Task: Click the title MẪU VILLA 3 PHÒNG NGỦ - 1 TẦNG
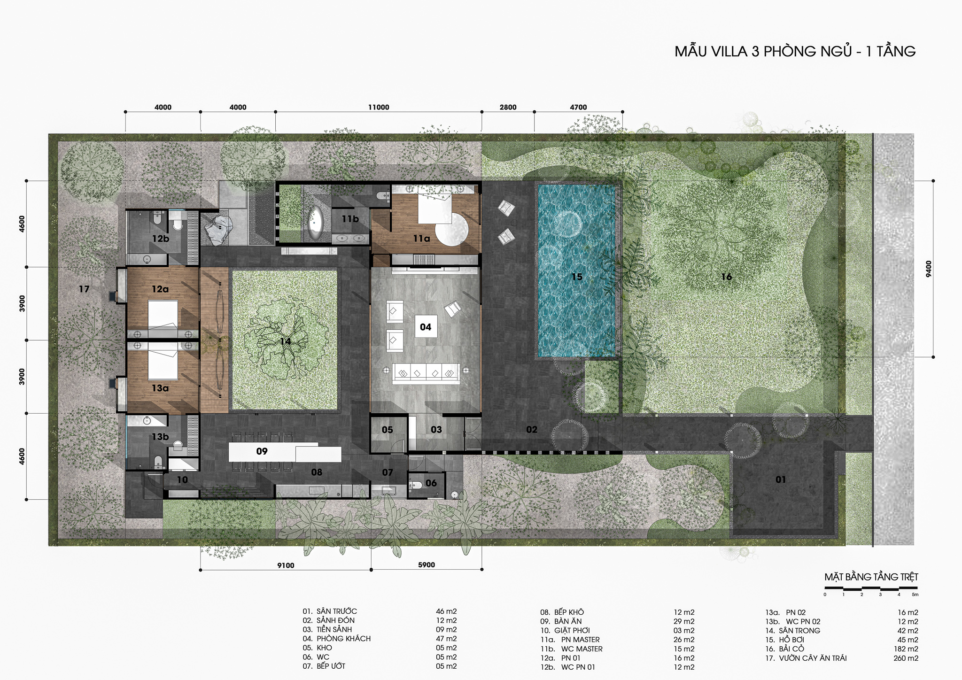795,51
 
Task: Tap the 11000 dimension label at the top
379,107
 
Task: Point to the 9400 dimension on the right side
928,269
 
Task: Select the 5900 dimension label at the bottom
427,565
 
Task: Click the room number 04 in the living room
426,327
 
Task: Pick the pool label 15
577,277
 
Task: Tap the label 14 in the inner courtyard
285,341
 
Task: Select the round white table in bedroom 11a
451,229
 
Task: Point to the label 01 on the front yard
781,479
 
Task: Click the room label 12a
160,289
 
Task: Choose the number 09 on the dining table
262,451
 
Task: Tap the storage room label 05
387,430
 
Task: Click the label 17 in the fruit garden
84,289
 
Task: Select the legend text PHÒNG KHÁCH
343,639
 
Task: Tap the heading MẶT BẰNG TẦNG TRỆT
871,577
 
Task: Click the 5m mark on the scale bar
915,595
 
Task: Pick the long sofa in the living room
426,373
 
